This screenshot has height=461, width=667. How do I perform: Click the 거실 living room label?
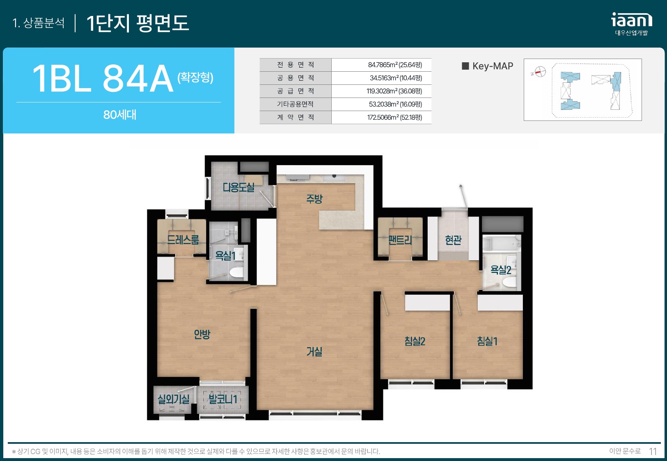pyautogui.click(x=314, y=352)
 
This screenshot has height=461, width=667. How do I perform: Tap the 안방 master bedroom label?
pyautogui.click(x=202, y=334)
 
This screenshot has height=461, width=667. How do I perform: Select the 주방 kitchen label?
pyautogui.click(x=314, y=199)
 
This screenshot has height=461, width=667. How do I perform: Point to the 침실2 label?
pyautogui.click(x=415, y=341)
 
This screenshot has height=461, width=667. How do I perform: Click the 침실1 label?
pyautogui.click(x=487, y=341)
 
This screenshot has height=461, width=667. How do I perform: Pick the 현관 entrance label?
pyautogui.click(x=453, y=240)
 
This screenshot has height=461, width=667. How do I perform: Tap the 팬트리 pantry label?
pyautogui.click(x=400, y=240)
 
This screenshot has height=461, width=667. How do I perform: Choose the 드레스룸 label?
pyautogui.click(x=183, y=239)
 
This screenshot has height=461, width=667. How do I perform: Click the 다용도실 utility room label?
pyautogui.click(x=238, y=187)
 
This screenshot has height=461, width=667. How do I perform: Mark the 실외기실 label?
pyautogui.click(x=173, y=399)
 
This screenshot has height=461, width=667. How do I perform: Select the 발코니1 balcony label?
pyautogui.click(x=223, y=399)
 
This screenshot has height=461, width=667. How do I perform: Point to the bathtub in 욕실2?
pyautogui.click(x=502, y=243)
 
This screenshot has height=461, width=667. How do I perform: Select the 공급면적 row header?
pyautogui.click(x=296, y=91)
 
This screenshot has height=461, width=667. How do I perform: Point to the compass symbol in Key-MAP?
pyautogui.click(x=540, y=72)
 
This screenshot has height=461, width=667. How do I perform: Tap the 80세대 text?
pyautogui.click(x=120, y=115)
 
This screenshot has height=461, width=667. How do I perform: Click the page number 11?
pyautogui.click(x=653, y=452)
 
